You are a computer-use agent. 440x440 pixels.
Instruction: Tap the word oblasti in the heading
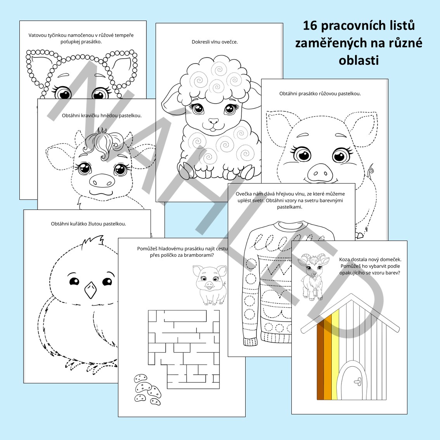click(x=359, y=60)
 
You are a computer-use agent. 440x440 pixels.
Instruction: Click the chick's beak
click(x=90, y=290)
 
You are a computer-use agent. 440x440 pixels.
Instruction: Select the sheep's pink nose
click(x=213, y=121)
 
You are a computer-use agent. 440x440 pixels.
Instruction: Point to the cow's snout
click(x=102, y=180)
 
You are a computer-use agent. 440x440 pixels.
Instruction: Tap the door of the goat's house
click(x=352, y=383)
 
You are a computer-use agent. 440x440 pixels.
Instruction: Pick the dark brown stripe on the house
click(x=320, y=362)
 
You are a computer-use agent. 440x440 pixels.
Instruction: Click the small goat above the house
click(x=312, y=276)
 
